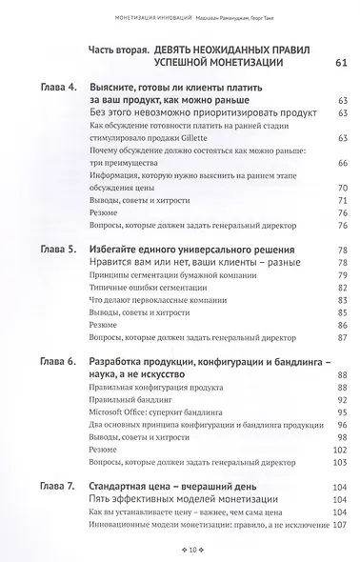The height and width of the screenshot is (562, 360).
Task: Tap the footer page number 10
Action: click(x=180, y=550)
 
